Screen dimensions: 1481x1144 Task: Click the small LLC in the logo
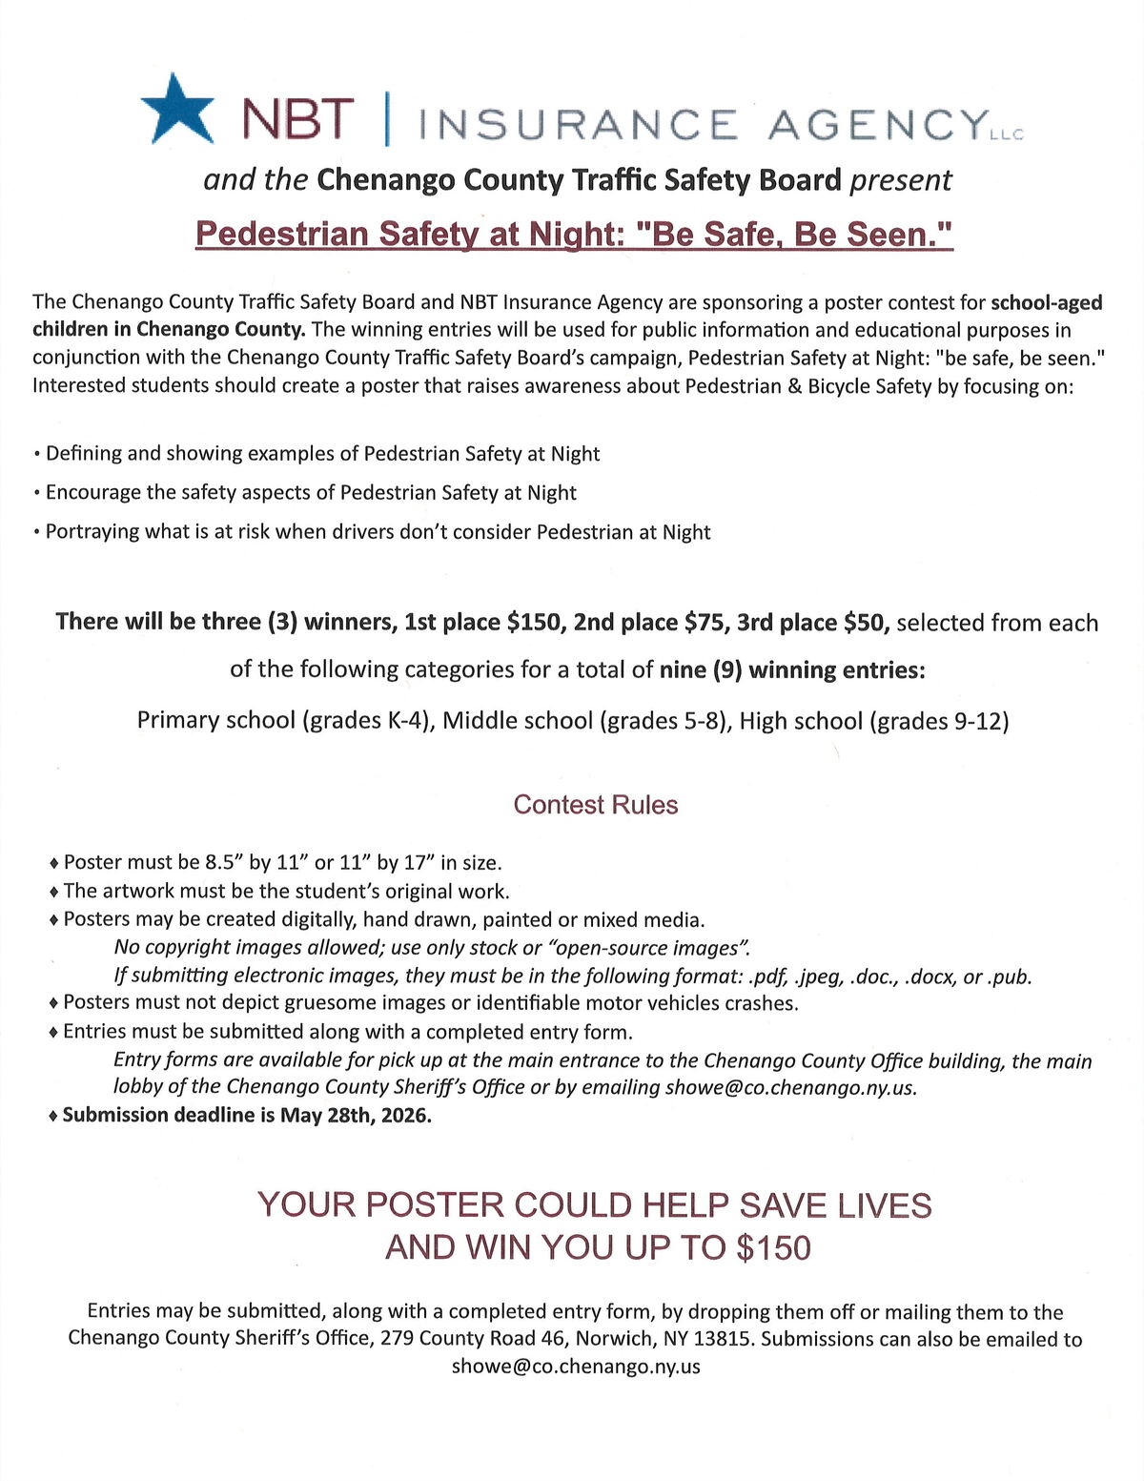[1006, 135]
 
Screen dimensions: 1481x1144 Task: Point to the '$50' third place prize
[867, 623]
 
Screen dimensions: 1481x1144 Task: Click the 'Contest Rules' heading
[595, 805]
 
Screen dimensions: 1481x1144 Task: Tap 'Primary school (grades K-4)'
[286, 720]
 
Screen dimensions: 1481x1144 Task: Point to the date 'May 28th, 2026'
[355, 1115]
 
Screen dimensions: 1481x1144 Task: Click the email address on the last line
[576, 1367]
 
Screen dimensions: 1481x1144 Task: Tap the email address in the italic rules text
[789, 1088]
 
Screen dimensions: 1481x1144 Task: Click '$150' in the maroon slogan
[773, 1247]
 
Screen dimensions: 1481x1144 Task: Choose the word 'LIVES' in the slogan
[885, 1205]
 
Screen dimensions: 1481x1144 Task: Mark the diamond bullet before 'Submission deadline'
[54, 1115]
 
